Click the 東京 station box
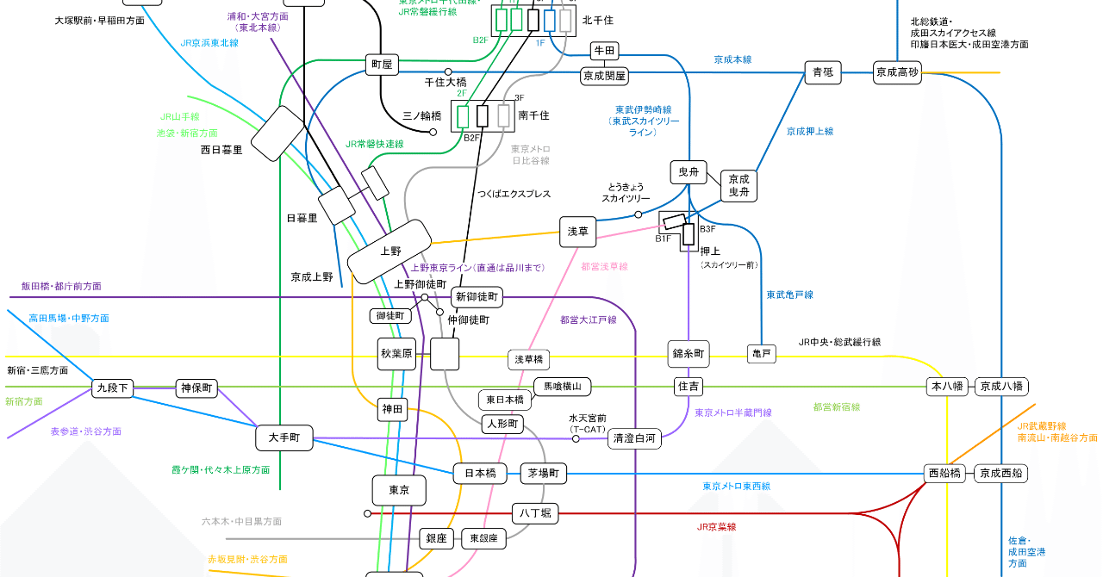[399, 490]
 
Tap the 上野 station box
[389, 251]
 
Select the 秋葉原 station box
[397, 353]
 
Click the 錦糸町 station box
[689, 353]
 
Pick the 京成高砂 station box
[897, 72]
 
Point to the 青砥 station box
[822, 72]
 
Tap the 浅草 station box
[577, 232]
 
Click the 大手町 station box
[284, 437]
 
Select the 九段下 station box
[113, 388]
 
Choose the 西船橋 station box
[944, 473]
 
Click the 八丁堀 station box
[534, 513]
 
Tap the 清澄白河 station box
[635, 438]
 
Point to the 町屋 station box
[381, 64]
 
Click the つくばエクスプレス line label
[514, 195]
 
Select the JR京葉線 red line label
[716, 527]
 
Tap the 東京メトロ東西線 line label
[736, 487]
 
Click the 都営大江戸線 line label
[589, 320]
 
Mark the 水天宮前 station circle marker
[576, 439]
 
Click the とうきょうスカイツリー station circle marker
[639, 214]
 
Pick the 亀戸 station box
[762, 354]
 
